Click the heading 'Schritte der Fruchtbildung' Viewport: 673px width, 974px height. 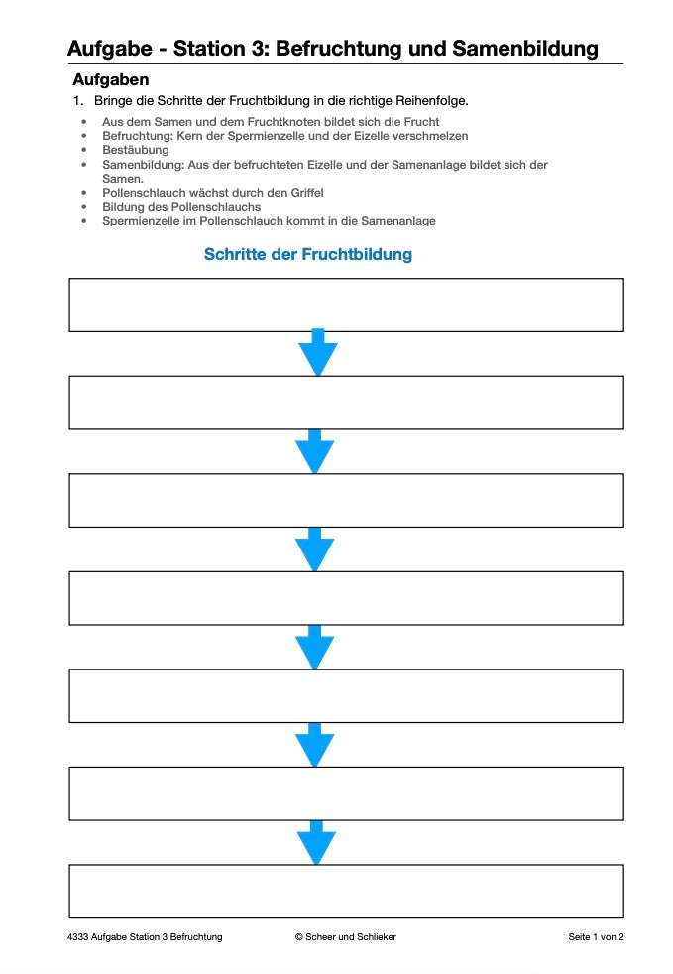pos(307,255)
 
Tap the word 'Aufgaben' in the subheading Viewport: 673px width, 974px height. pos(110,80)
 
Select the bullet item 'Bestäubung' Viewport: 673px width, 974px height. pos(136,150)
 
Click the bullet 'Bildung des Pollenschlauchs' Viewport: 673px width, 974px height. pos(181,207)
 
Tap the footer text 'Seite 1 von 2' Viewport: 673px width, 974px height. pos(596,937)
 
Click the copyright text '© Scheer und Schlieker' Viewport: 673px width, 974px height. pos(346,937)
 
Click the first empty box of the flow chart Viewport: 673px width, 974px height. pos(346,304)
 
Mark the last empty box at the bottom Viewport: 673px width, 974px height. pos(346,891)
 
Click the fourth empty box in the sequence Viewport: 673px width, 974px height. pos(346,598)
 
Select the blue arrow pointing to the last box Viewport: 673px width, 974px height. pos(316,842)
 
